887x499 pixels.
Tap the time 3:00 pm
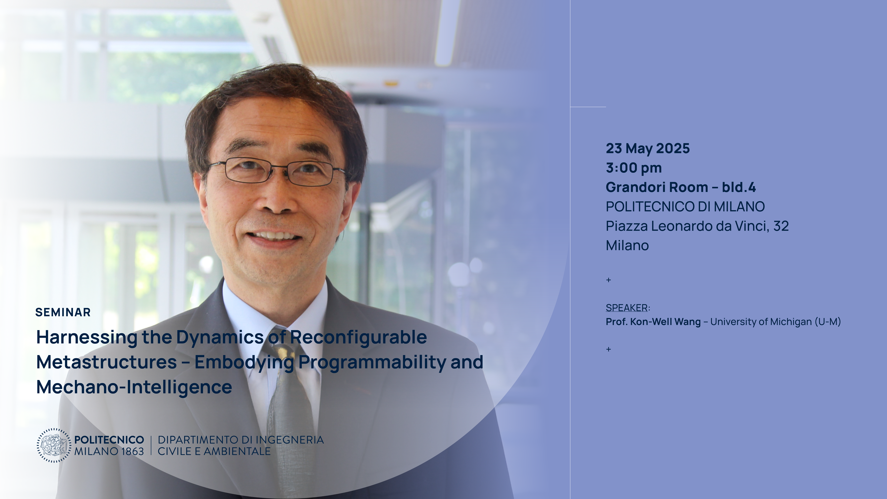[x=634, y=168]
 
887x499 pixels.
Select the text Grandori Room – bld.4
[x=681, y=187]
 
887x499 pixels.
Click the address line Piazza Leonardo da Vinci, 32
[x=697, y=226]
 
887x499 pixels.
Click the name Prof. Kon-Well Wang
[x=653, y=322]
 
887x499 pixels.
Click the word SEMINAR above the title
[x=63, y=312]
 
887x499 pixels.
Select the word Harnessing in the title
[x=87, y=337]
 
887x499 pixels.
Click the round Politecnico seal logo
[x=54, y=445]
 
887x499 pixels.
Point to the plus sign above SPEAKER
[x=608, y=280]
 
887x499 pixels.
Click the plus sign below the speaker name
[x=608, y=349]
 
